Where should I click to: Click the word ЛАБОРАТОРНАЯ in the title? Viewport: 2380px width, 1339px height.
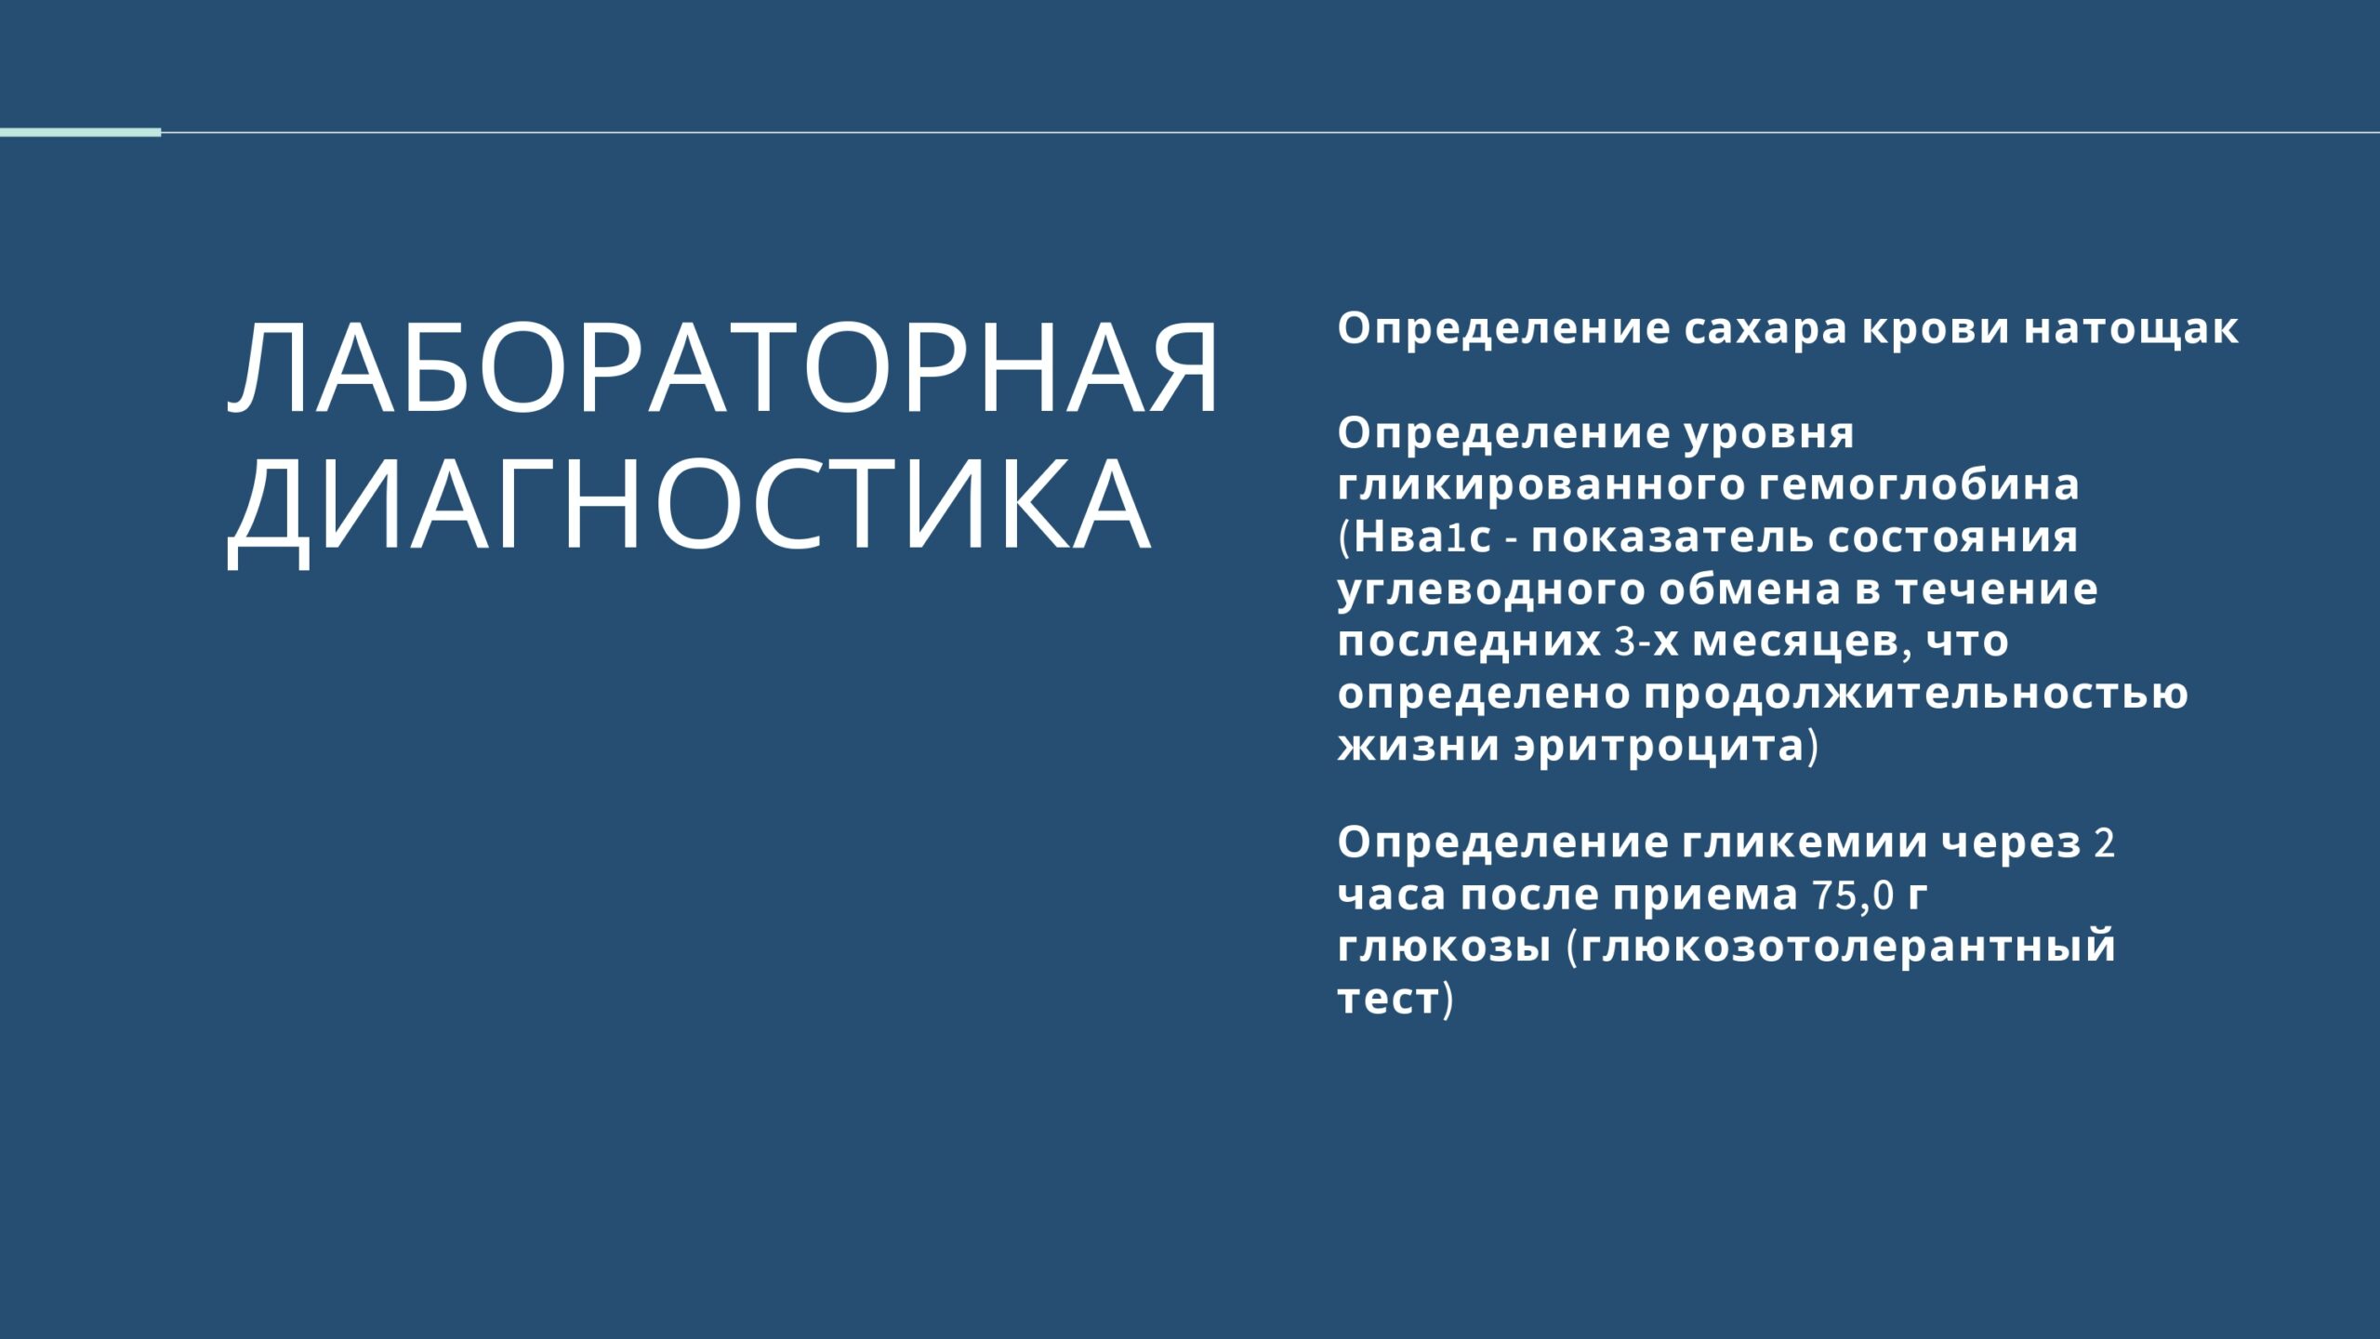pos(723,369)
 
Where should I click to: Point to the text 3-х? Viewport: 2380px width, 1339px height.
pos(1646,642)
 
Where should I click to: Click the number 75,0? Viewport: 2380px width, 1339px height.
pos(1854,895)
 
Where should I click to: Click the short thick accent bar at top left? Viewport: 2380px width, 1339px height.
pos(80,133)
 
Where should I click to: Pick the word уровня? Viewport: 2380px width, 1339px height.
pos(1770,434)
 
